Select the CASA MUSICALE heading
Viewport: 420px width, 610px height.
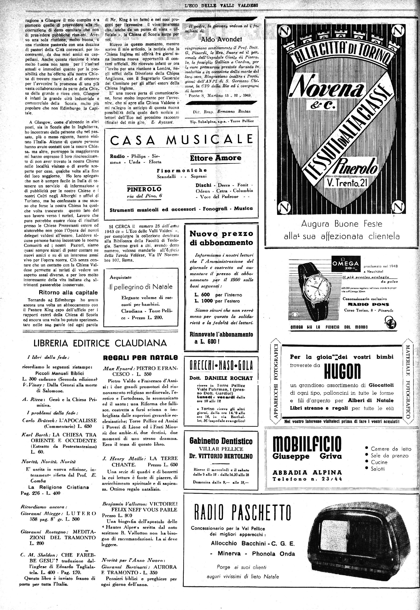tap(181, 140)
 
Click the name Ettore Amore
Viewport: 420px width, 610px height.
tap(216, 158)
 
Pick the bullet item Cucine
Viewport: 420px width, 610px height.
tap(379, 462)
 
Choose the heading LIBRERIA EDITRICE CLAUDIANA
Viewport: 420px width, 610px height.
tap(100, 343)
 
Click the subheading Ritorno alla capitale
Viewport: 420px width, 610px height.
tap(68, 292)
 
